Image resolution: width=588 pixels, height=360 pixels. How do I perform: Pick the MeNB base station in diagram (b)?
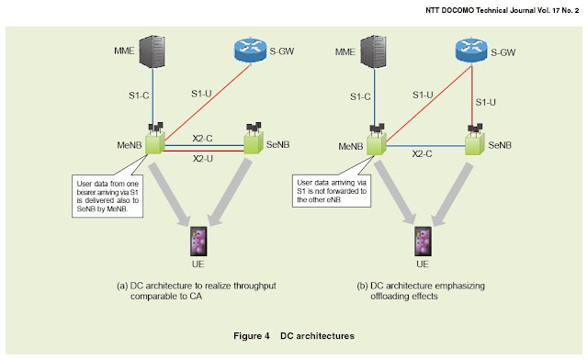pyautogui.click(x=375, y=143)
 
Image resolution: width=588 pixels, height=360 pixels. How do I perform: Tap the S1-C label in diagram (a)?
pyautogui.click(x=137, y=94)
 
